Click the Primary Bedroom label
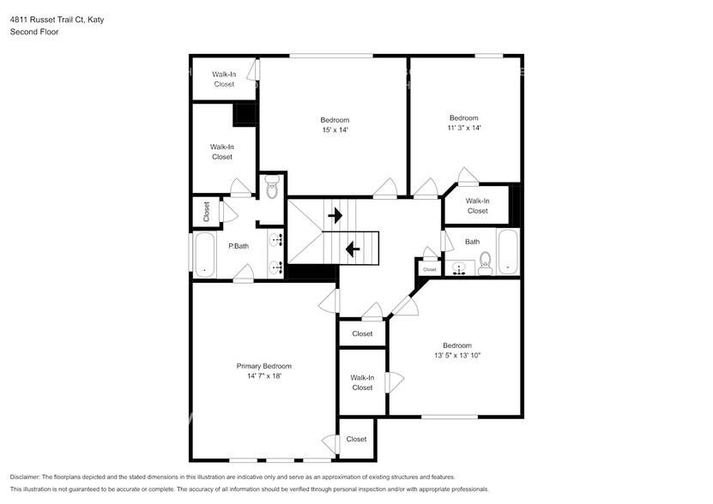263,366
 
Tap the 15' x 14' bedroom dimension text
335,130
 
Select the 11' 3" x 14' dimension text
463,128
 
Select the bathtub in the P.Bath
204,255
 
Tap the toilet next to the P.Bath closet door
272,188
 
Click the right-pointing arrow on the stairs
335,214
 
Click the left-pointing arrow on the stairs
353,249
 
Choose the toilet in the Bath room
485,261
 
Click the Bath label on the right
472,242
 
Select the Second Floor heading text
34,32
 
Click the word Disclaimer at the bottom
31,477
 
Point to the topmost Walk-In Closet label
223,79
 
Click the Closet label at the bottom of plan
356,439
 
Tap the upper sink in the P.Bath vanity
276,240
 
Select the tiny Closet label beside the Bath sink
430,269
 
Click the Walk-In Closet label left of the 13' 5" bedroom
362,382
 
